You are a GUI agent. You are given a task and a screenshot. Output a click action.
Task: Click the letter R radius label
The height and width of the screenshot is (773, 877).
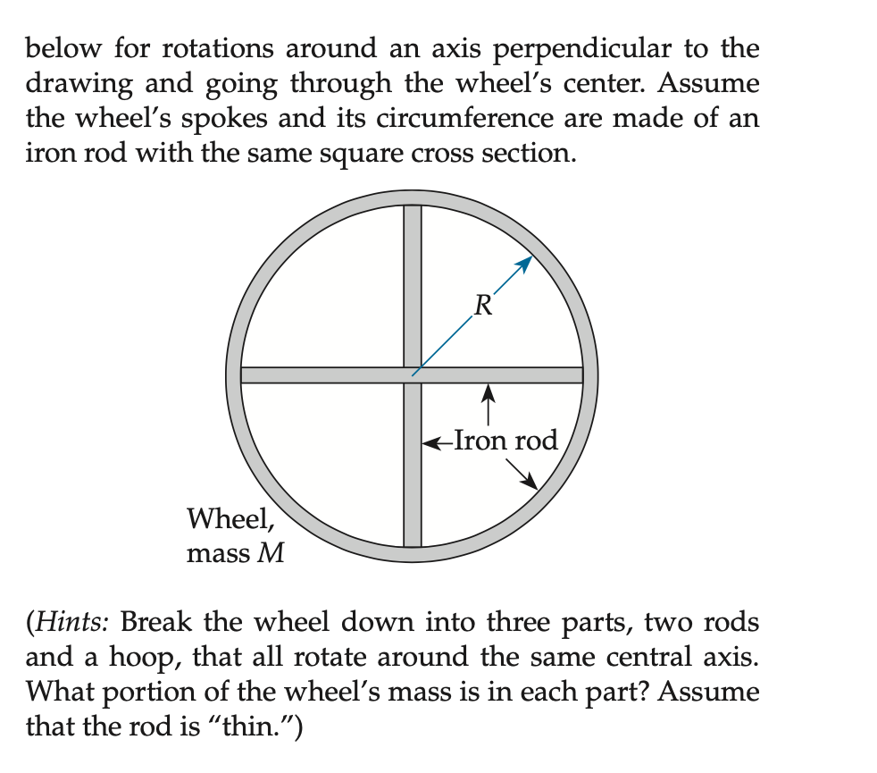click(482, 307)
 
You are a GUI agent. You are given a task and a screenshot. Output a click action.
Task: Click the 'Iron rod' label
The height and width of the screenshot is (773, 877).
click(505, 440)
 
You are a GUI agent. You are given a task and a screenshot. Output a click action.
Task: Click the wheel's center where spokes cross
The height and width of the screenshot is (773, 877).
click(412, 374)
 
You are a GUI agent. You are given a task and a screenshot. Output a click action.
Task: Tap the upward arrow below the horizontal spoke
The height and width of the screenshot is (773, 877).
click(489, 404)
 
